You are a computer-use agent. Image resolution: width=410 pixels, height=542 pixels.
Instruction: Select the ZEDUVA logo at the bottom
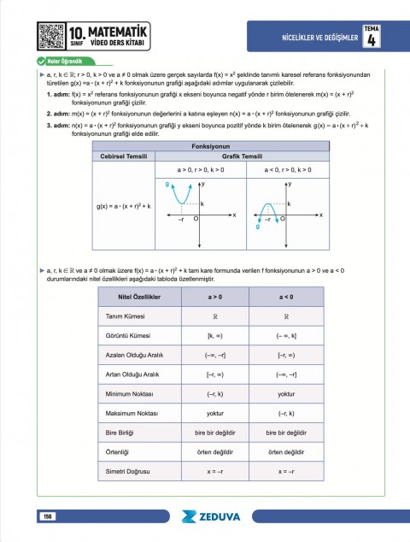(214, 516)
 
